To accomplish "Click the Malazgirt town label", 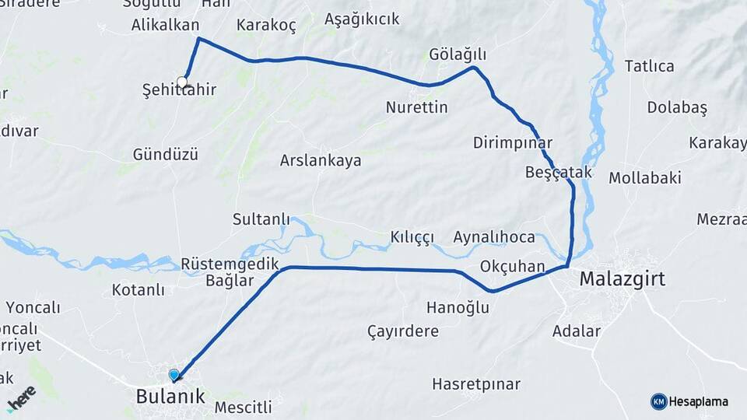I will point(622,279).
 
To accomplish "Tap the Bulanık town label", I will point(170,397).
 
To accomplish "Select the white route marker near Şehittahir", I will point(183,82).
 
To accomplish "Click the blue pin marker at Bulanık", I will point(174,375).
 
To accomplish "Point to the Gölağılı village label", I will point(458,54).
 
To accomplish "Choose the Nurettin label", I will point(417,107).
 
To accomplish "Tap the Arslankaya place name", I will point(321,161).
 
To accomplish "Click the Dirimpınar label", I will point(513,143).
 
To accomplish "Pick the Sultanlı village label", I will point(261,219).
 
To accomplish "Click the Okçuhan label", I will point(513,267).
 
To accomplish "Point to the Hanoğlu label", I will point(458,308).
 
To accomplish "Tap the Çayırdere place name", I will point(403,331).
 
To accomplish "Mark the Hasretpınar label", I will point(476,384).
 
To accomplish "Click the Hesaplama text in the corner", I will point(699,402).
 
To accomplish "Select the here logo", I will point(22,398).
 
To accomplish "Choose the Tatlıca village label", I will point(650,66).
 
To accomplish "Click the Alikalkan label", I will point(166,25).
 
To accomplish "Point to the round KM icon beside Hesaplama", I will point(658,401).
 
